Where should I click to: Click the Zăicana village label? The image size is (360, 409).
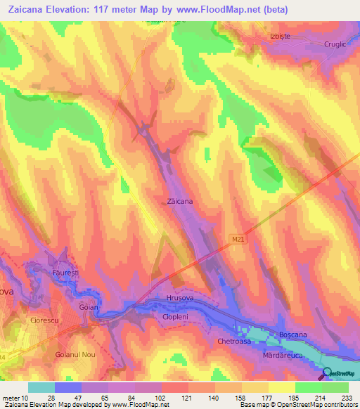181,201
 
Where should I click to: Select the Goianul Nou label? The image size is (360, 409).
75,356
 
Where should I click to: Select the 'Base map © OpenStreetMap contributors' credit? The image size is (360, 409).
300,405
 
